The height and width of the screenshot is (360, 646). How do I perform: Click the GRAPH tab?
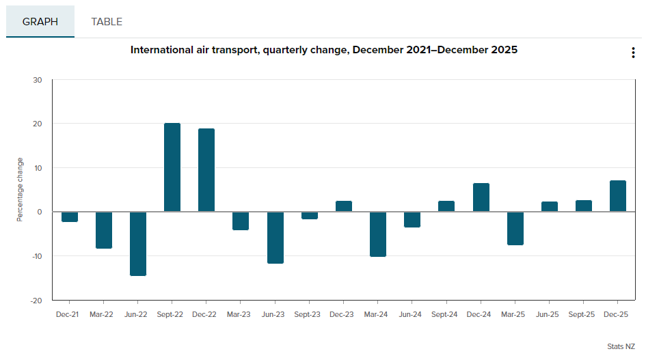click(x=40, y=22)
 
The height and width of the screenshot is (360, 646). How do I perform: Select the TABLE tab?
click(x=107, y=22)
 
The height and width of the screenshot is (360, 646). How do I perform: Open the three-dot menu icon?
click(x=633, y=53)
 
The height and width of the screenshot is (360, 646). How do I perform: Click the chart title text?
click(x=324, y=50)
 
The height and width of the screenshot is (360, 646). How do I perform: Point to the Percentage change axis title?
click(x=21, y=190)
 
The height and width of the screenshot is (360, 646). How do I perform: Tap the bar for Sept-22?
click(x=172, y=167)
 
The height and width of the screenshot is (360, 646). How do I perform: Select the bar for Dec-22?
click(x=206, y=170)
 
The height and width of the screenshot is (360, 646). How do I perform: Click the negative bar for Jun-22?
click(x=138, y=244)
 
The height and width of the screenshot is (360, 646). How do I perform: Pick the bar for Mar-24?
click(x=378, y=234)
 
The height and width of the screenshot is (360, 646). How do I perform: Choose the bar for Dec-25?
click(x=618, y=196)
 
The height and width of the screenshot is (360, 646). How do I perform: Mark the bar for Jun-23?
click(x=275, y=238)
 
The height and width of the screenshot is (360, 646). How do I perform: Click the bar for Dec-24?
click(x=481, y=197)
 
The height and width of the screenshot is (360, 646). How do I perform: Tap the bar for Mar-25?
click(x=515, y=228)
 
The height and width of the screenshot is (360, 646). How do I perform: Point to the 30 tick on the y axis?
click(x=38, y=80)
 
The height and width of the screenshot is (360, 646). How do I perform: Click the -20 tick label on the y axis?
click(x=37, y=301)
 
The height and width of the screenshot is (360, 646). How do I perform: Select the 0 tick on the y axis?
click(x=40, y=212)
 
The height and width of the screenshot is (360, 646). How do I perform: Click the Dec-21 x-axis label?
click(x=67, y=314)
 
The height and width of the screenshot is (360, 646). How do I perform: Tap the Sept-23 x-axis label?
click(x=307, y=314)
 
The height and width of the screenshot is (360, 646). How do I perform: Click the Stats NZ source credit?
click(x=621, y=347)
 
